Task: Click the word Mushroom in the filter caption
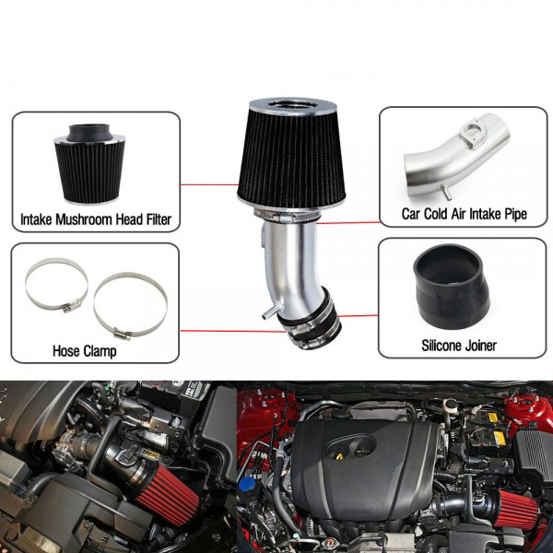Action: (85, 219)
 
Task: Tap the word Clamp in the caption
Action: (100, 351)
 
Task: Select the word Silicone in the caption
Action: (441, 346)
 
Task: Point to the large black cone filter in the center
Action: (291, 159)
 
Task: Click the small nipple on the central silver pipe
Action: (268, 312)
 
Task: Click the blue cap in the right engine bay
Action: (247, 485)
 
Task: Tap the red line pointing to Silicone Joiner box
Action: (359, 315)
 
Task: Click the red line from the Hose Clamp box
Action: (234, 331)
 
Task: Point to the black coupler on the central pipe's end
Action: (310, 319)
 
